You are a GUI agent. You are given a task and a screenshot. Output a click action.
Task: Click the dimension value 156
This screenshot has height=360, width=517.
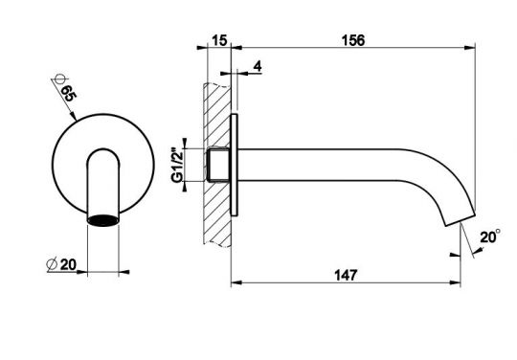353,40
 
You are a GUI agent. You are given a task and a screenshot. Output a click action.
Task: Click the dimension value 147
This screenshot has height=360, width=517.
346,276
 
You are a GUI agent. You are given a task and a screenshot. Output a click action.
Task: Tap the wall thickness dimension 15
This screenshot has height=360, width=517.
219,41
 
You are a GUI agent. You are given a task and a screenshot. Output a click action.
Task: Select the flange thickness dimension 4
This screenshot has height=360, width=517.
258,66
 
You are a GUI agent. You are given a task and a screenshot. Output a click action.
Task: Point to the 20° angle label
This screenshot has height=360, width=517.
490,236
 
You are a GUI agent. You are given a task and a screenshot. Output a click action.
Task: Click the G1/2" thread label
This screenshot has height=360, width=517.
177,167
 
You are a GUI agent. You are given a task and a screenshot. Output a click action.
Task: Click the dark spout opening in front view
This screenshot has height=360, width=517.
102,220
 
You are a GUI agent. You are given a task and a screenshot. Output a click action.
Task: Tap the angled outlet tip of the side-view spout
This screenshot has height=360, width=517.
461,219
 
